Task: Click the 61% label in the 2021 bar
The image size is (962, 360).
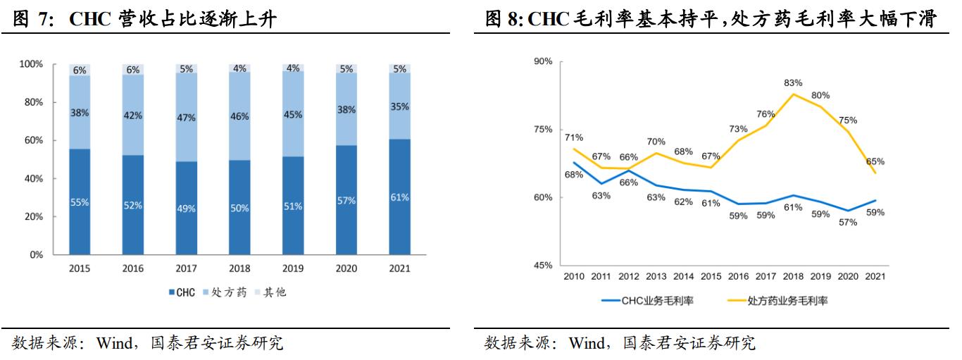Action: [399, 197]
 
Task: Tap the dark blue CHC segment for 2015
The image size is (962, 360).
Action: [80, 201]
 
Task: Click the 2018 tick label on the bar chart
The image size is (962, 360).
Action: [239, 268]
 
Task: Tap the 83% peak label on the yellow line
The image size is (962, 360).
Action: [793, 82]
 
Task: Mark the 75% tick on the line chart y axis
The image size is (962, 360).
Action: [542, 130]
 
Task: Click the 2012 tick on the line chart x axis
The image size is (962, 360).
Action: [629, 276]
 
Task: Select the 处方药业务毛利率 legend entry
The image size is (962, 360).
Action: [777, 300]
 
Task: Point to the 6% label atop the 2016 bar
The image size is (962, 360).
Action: [133, 70]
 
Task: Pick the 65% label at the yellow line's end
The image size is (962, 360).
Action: [875, 161]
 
